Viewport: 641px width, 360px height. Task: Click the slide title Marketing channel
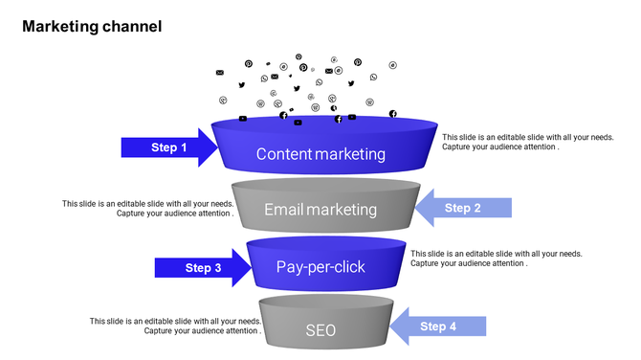click(92, 26)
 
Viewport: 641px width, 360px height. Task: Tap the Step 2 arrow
click(463, 208)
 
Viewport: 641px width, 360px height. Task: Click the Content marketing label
click(320, 154)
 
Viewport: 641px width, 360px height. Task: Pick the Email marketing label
click(320, 210)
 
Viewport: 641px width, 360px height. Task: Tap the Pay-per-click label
click(320, 267)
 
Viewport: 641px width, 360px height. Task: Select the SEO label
click(320, 330)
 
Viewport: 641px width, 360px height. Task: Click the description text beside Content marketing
click(527, 142)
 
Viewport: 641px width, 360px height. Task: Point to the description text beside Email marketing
click(148, 208)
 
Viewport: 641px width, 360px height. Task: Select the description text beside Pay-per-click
click(496, 259)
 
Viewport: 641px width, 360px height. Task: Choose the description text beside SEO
click(175, 326)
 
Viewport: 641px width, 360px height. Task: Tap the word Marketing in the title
click(59, 26)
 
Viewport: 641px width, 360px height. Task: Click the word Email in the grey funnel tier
click(284, 210)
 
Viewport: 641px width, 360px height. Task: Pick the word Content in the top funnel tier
click(284, 154)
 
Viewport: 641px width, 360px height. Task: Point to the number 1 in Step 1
click(184, 147)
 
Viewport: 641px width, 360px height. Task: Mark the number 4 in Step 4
click(453, 326)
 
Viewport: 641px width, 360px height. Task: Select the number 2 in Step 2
click(476, 208)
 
